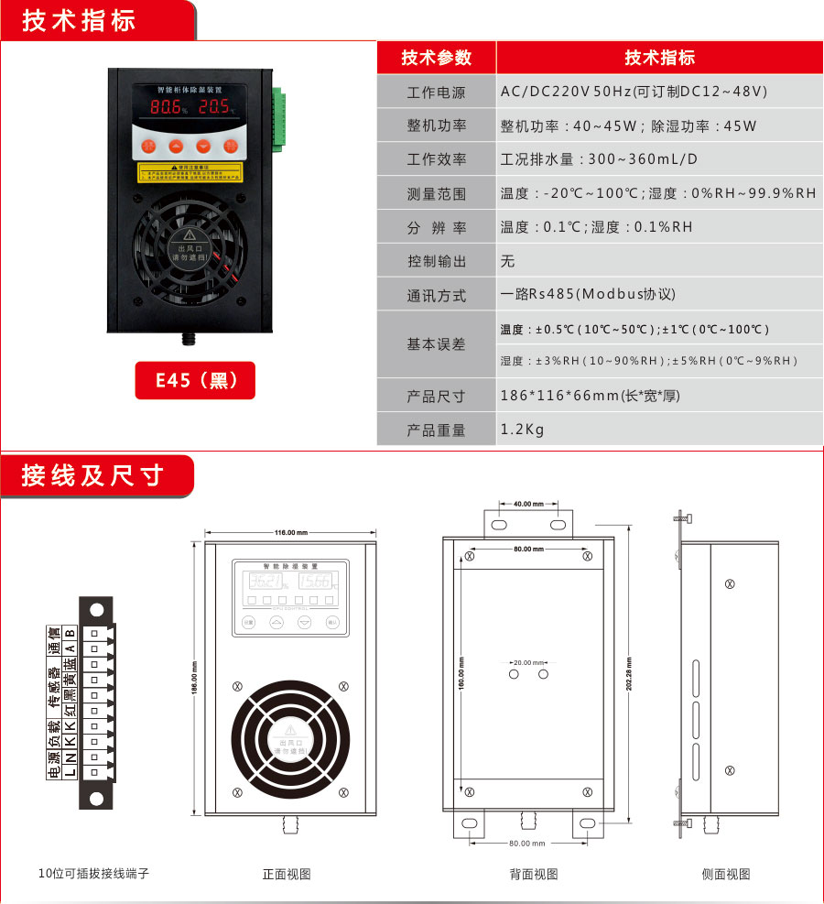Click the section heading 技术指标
click(x=80, y=20)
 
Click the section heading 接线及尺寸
click(x=92, y=475)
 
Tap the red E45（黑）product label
click(x=195, y=380)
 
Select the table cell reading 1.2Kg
click(x=523, y=429)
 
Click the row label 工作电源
click(x=436, y=93)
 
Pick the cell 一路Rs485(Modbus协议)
click(x=588, y=294)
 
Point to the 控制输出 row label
click(x=436, y=261)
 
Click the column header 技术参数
click(x=436, y=58)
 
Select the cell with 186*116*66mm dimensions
click(x=590, y=396)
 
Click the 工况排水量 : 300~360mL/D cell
click(x=599, y=158)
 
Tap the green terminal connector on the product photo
click(x=277, y=118)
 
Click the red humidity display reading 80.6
click(x=167, y=108)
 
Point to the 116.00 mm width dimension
click(x=290, y=532)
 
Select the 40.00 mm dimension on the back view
click(x=528, y=504)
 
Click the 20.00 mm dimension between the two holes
click(x=528, y=661)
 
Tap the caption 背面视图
click(x=533, y=875)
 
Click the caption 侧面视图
click(x=725, y=875)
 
